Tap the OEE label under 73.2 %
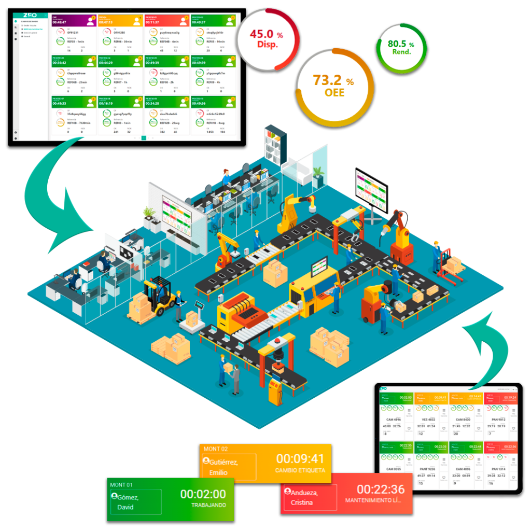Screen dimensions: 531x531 (x=333, y=93)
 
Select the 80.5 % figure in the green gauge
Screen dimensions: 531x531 (x=401, y=44)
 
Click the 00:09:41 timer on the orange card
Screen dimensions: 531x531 (x=300, y=458)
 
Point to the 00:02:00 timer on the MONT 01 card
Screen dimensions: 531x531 (x=203, y=494)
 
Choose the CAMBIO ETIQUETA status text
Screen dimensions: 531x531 (x=300, y=470)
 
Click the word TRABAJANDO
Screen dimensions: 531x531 (x=208, y=505)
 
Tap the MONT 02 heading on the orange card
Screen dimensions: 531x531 (x=216, y=449)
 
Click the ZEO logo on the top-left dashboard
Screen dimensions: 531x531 (x=31, y=16)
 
